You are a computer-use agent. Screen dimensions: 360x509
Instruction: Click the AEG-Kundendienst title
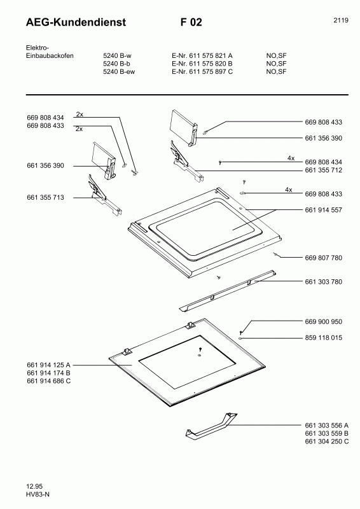tap(76, 22)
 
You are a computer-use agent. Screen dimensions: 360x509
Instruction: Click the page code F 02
tap(191, 22)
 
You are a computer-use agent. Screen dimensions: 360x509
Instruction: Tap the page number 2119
tap(341, 20)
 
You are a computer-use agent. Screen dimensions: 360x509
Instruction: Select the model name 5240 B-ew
tap(119, 71)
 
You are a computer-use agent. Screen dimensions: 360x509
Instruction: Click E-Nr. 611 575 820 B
tap(202, 64)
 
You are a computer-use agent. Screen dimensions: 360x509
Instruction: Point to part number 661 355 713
tap(45, 197)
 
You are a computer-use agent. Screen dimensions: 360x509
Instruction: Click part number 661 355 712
tap(324, 170)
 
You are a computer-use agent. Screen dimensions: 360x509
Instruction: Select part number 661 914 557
tap(324, 210)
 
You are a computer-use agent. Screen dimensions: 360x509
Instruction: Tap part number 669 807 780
tap(324, 258)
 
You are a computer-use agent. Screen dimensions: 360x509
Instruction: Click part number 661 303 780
tap(324, 282)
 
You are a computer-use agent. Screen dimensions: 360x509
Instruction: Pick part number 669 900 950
tap(324, 322)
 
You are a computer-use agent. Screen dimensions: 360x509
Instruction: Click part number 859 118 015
tap(324, 338)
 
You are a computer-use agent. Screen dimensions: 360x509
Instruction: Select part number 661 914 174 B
tap(49, 373)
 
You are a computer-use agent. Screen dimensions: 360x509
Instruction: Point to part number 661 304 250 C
tap(327, 442)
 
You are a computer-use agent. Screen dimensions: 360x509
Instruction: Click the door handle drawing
tap(211, 427)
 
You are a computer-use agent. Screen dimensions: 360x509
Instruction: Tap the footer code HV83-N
tap(38, 494)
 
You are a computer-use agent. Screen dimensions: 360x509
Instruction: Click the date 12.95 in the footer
tap(34, 486)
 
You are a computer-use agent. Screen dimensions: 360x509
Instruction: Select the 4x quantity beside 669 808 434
tap(291, 158)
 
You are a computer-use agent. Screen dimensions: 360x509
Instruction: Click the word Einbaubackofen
tap(50, 56)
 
